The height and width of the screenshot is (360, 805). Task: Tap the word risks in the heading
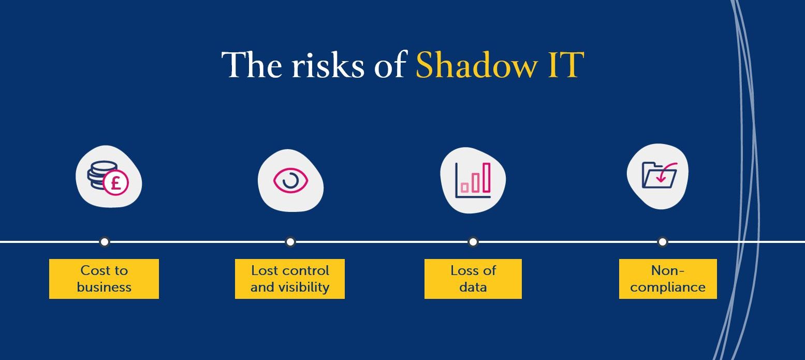click(x=327, y=66)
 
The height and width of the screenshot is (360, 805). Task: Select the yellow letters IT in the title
click(x=565, y=65)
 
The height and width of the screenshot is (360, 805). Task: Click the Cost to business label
click(x=104, y=279)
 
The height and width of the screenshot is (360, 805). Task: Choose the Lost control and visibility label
click(x=290, y=279)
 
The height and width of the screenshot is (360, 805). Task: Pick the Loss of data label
click(x=473, y=279)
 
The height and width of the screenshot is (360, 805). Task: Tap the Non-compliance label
click(x=668, y=279)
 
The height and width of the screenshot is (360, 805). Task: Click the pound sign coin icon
click(x=115, y=183)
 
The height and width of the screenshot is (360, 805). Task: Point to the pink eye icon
click(x=290, y=181)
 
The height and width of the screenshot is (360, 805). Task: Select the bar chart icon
click(x=473, y=180)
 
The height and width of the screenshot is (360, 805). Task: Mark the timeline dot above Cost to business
click(x=105, y=241)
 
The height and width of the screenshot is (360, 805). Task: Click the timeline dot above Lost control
click(x=290, y=241)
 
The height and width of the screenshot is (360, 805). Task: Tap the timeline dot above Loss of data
click(x=473, y=241)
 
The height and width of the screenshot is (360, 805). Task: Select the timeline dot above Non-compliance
click(x=663, y=241)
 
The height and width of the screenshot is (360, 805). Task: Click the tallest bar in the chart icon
click(x=486, y=178)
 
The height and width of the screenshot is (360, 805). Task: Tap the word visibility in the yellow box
click(x=304, y=287)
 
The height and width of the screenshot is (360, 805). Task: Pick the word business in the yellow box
click(x=104, y=287)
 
